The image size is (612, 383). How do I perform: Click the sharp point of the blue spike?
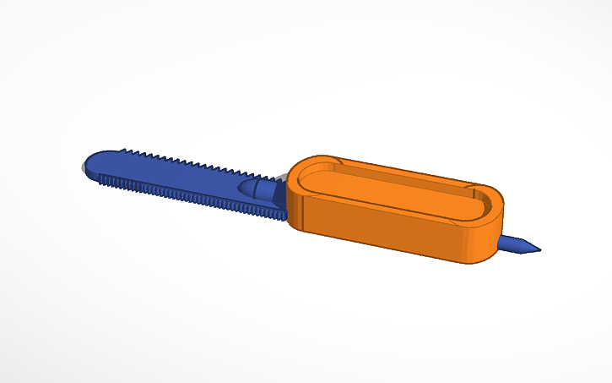[x=538, y=249]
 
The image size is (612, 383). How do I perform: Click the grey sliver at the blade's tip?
[x=83, y=168]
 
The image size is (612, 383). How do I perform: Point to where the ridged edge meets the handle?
[x=283, y=217]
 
